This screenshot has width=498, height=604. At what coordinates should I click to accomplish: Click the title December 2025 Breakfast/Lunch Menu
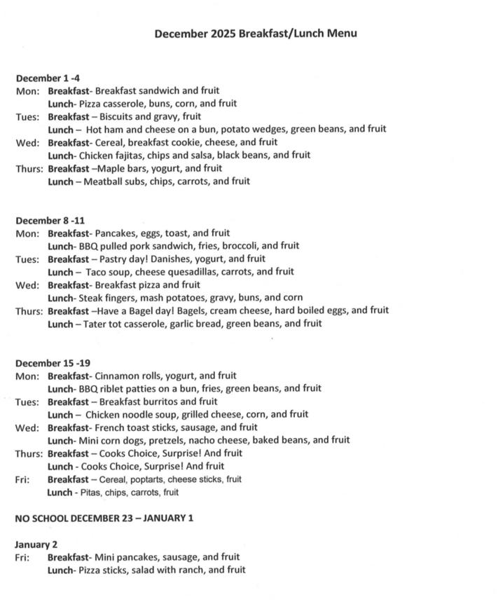point(256,33)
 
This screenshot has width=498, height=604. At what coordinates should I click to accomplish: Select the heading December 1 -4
point(48,77)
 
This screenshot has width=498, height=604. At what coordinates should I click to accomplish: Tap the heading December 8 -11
point(50,220)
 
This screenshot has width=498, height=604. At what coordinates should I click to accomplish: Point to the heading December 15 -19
point(53,363)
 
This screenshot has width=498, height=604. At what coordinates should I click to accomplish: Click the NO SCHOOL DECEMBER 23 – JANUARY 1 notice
point(104,518)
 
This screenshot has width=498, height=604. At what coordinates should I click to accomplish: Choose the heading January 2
point(36,544)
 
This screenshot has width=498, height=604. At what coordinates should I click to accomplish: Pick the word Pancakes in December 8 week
point(117,233)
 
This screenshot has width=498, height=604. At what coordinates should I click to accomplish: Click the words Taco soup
point(109,271)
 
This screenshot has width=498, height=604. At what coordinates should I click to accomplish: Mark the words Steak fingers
point(111,297)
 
